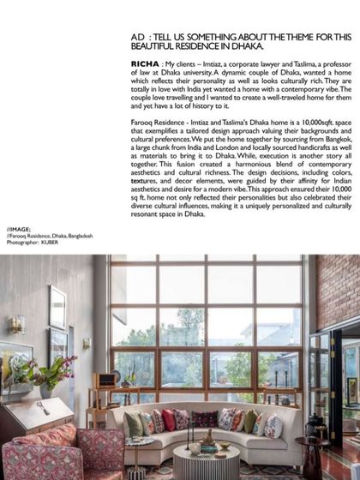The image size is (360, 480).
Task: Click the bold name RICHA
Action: tap(145, 64)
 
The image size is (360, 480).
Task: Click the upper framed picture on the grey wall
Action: tap(57, 306)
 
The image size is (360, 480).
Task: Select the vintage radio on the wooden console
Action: tap(108, 379)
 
